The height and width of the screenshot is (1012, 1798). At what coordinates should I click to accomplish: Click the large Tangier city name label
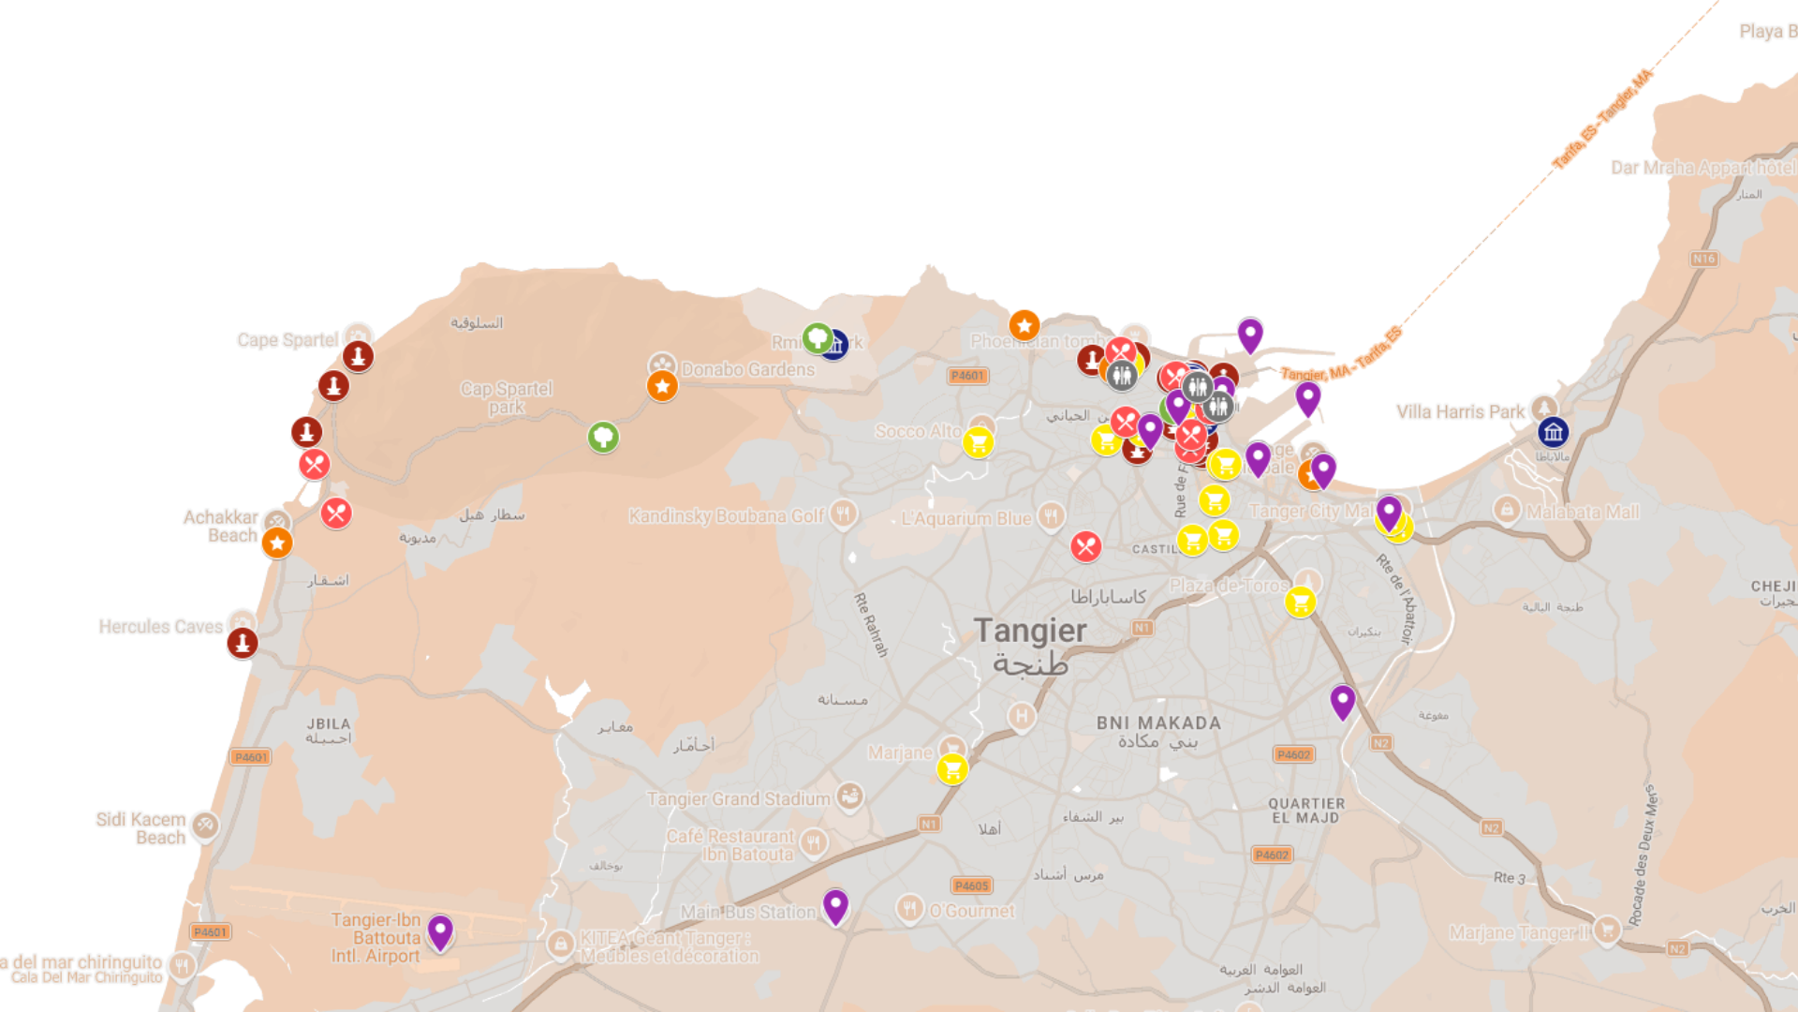pos(1030,632)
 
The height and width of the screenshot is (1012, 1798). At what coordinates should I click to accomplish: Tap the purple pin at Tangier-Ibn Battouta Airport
pos(440,931)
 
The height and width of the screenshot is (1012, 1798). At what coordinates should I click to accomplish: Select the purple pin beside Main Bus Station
pos(835,905)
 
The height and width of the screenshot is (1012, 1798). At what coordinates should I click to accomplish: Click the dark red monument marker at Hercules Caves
pos(243,643)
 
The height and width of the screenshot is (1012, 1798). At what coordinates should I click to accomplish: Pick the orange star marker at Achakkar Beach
pos(277,543)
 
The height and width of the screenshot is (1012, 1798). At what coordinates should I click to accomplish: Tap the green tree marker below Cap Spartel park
pos(603,437)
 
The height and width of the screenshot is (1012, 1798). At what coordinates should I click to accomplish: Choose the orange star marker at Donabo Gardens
pos(662,385)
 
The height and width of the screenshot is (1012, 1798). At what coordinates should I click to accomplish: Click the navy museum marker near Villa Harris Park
pos(1553,432)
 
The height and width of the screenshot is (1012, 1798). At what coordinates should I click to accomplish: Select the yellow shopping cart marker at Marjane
pos(952,769)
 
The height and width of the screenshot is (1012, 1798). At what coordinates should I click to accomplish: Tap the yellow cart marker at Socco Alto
pos(978,442)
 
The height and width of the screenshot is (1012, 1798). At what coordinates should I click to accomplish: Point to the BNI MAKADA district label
pos(1158,723)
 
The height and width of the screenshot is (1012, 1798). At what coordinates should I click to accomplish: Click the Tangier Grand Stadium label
pos(738,799)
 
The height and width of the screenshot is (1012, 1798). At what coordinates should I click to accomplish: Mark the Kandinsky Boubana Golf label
pos(726,516)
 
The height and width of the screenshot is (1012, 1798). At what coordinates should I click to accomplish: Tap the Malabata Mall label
pos(1583,513)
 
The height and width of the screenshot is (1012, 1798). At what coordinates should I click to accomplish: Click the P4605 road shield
pos(971,885)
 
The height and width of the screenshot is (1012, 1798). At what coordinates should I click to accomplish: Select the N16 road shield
pos(1703,259)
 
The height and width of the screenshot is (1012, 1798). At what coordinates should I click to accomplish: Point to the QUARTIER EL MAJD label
pos(1306,811)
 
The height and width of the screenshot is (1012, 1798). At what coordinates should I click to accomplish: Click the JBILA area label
pos(329,724)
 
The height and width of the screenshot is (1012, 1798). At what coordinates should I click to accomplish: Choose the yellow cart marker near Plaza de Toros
pos(1300,602)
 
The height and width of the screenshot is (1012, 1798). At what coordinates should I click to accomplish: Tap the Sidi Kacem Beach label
pos(141,828)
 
